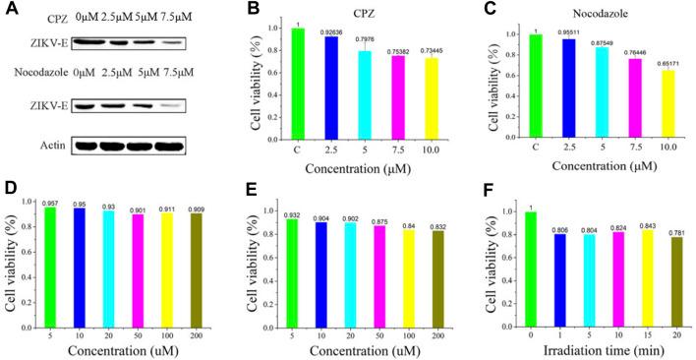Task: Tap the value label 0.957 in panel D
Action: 49,204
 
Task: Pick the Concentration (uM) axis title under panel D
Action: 129,349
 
